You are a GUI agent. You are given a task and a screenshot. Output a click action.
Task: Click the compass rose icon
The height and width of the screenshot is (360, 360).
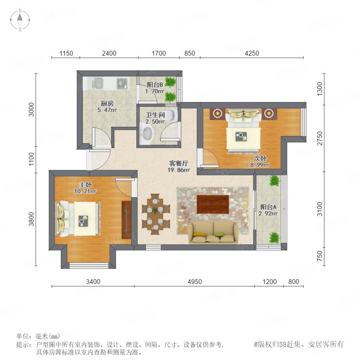[20, 20]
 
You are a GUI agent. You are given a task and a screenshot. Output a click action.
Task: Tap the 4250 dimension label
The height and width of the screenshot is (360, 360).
[252, 53]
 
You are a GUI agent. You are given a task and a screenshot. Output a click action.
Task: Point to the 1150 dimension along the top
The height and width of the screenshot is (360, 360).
[66, 53]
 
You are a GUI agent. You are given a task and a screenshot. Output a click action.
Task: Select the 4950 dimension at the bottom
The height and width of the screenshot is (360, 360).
[195, 282]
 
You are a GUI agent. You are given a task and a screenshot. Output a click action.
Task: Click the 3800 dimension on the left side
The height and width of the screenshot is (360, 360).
[31, 219]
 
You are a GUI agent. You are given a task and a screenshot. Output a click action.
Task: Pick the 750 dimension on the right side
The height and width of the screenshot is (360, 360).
[320, 256]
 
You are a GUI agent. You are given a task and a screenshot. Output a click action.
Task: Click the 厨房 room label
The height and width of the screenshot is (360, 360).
[107, 103]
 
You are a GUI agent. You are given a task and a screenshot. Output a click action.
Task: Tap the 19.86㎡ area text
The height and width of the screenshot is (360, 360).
[179, 170]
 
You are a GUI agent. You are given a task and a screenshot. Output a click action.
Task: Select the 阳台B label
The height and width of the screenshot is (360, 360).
[155, 84]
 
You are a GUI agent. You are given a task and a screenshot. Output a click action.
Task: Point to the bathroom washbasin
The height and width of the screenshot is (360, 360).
[146, 134]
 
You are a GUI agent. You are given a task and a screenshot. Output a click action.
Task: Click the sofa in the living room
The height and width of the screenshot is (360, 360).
[213, 232]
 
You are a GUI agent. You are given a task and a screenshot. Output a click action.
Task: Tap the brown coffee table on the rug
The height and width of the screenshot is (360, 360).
[213, 204]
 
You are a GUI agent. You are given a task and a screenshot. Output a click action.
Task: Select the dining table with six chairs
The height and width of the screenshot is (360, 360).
[156, 214]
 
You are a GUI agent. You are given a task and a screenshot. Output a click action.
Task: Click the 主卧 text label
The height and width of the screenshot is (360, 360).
[86, 184]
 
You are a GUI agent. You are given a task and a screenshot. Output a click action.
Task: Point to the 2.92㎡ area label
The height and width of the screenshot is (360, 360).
[268, 214]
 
